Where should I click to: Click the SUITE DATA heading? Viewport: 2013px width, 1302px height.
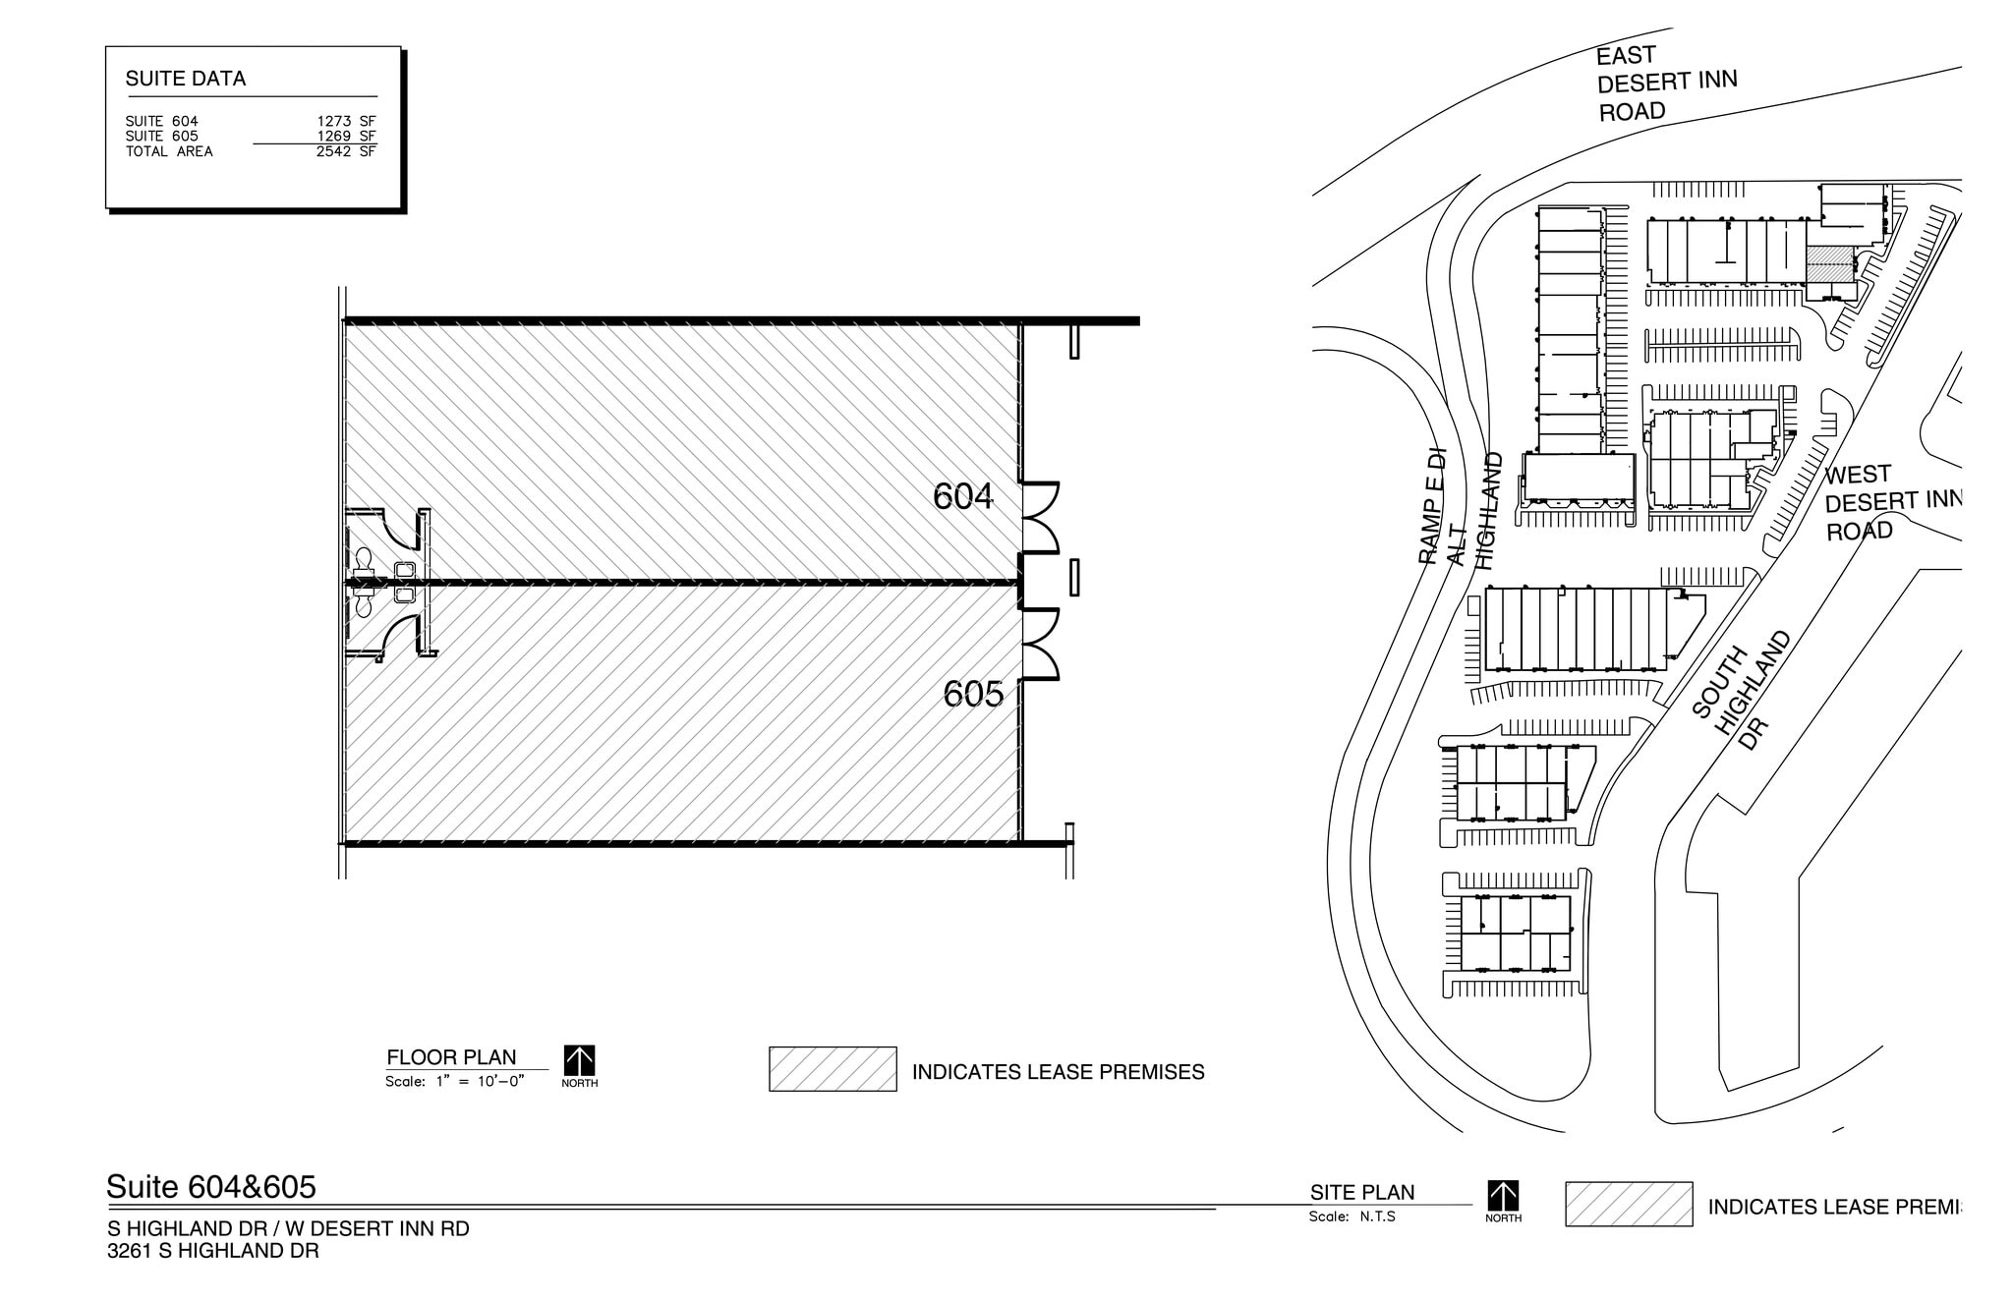coord(185,79)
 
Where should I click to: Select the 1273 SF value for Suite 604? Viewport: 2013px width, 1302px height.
coord(346,121)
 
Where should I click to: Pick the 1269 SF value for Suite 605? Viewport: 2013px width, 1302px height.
coord(346,137)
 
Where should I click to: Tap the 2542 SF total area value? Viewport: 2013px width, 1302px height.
coord(346,151)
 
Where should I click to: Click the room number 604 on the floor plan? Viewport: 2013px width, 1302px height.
coord(962,496)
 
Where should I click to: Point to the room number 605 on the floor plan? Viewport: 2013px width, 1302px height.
coord(973,695)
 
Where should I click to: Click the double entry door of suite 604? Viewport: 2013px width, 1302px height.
coord(1040,518)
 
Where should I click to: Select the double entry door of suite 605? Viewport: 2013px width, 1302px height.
coord(1040,645)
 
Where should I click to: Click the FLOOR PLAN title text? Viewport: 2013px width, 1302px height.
coord(451,1057)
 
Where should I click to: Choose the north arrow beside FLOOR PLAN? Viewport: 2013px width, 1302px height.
coord(579,1061)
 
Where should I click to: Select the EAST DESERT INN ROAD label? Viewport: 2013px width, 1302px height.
coord(1665,83)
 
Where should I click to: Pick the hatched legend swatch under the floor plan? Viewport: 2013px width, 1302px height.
coord(833,1069)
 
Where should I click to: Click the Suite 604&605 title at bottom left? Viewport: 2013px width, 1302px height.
coord(211,1187)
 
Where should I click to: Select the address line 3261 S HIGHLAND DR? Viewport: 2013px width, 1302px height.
coord(213,1251)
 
